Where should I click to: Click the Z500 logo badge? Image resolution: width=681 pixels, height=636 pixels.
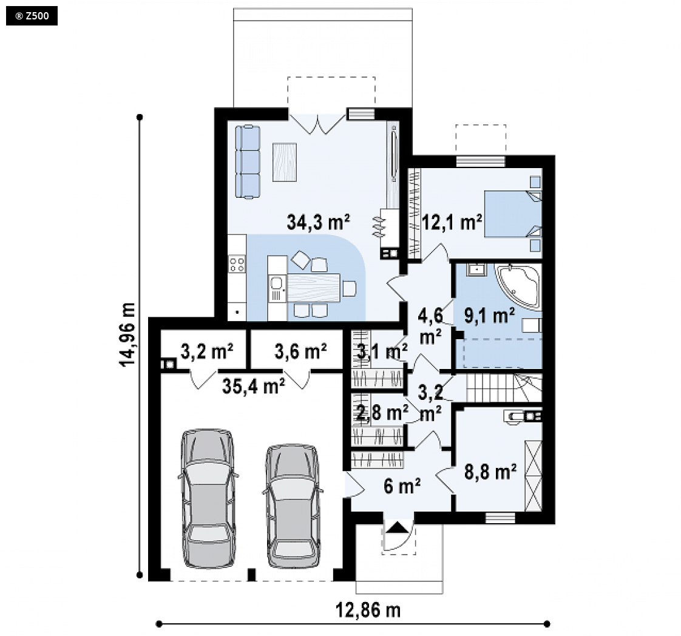pyautogui.click(x=32, y=16)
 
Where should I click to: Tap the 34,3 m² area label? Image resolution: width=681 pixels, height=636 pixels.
pyautogui.click(x=319, y=222)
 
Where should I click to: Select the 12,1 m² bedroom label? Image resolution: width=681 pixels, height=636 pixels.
pyautogui.click(x=452, y=222)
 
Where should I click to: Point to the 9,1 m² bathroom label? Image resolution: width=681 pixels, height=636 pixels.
pyautogui.click(x=489, y=316)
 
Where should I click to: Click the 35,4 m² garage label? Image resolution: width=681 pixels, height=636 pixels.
pyautogui.click(x=254, y=386)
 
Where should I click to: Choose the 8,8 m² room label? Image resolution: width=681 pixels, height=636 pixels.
pyautogui.click(x=490, y=472)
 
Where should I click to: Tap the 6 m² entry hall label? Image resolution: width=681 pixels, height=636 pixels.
pyautogui.click(x=402, y=486)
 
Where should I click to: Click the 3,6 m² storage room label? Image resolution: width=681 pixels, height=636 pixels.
pyautogui.click(x=300, y=351)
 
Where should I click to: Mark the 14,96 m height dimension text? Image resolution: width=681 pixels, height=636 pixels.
pyautogui.click(x=127, y=334)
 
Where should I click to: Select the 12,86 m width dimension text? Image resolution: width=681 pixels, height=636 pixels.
pyautogui.click(x=368, y=611)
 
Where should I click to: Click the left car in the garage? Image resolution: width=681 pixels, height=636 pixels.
pyautogui.click(x=208, y=498)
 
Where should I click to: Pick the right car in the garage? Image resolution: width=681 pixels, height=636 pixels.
pyautogui.click(x=293, y=506)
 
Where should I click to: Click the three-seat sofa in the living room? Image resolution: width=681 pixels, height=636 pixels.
pyautogui.click(x=248, y=162)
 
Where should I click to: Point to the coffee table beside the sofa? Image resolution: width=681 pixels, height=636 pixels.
pyautogui.click(x=285, y=162)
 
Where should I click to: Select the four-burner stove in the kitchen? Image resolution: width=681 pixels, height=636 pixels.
pyautogui.click(x=237, y=264)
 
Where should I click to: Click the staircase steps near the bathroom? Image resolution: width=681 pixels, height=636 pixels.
pyautogui.click(x=504, y=387)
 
